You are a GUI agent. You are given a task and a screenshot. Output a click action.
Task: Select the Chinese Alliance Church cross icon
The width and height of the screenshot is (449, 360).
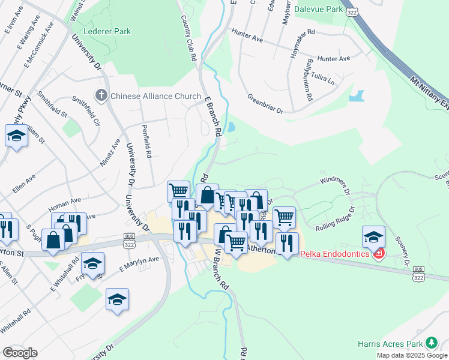click(101, 95)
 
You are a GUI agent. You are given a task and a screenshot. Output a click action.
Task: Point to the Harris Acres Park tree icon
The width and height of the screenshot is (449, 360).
click(431, 343)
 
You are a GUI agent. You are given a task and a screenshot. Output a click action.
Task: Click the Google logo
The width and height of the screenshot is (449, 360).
click(20, 353)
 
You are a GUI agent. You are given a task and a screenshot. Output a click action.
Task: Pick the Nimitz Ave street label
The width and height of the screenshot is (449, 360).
click(109, 155)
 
